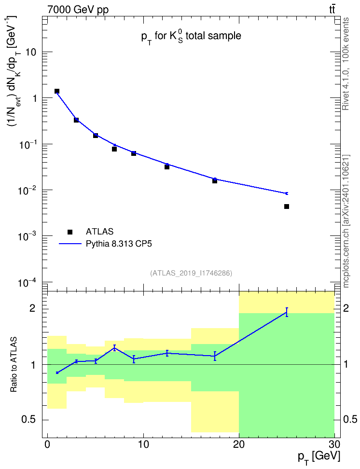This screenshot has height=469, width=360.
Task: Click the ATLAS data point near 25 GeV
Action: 286,207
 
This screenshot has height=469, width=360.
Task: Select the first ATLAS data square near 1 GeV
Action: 57,91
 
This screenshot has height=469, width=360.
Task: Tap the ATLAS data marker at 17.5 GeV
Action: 215,180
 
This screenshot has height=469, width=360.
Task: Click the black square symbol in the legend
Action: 69,232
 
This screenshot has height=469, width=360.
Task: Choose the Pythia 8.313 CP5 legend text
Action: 119,244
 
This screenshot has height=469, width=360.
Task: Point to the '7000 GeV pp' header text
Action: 78,10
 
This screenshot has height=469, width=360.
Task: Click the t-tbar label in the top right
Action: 332,9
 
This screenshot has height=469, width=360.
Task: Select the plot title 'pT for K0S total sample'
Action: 191,37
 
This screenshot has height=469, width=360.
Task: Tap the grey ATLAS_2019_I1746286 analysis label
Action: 191,273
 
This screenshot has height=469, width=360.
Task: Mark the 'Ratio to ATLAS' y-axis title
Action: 14,364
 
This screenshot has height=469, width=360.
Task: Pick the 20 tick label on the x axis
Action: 238,444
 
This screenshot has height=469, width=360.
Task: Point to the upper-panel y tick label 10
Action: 31,52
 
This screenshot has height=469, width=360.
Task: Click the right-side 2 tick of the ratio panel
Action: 346,308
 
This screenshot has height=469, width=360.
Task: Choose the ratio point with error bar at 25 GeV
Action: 286,312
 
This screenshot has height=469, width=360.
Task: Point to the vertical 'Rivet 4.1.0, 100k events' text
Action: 346,64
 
